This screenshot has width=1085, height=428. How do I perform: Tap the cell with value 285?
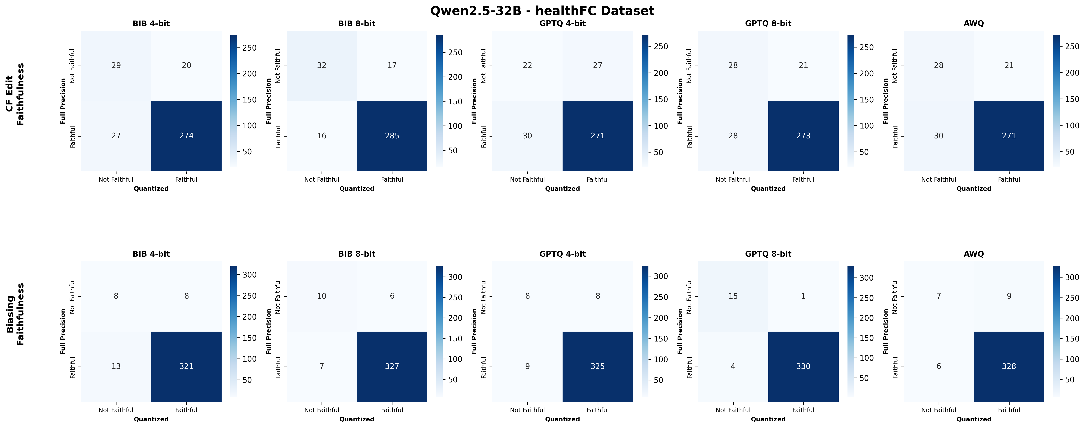tap(392, 136)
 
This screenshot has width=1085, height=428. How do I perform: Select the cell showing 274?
tap(186, 136)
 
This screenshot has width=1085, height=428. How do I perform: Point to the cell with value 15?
tap(733, 296)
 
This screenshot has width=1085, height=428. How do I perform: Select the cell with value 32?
tap(321, 65)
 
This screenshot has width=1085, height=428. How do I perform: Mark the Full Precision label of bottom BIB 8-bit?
tap(269, 331)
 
